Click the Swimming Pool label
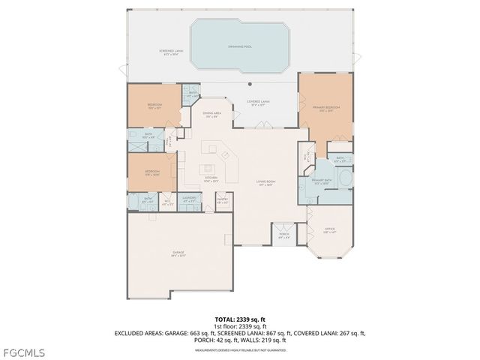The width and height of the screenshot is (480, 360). tap(239, 46)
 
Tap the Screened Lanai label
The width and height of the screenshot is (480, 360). tap(169, 52)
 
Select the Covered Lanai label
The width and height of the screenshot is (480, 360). tap(259, 103)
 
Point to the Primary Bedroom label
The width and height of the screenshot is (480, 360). tap(325, 109)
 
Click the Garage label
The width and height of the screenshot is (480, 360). tap(178, 253)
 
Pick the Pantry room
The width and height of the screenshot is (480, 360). tap(223, 202)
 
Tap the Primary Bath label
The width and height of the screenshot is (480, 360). tap(322, 182)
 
